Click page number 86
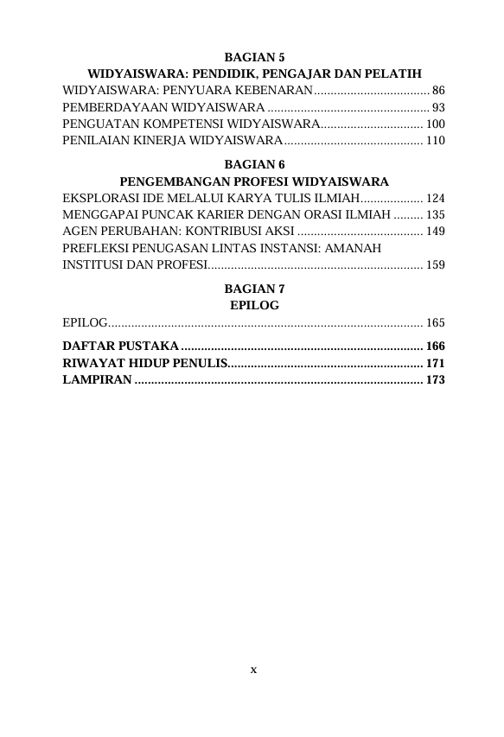438,90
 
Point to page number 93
438,107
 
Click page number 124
435,198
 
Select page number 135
435,214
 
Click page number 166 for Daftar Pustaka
435,346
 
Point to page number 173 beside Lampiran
435,379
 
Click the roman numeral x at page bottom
253,669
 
